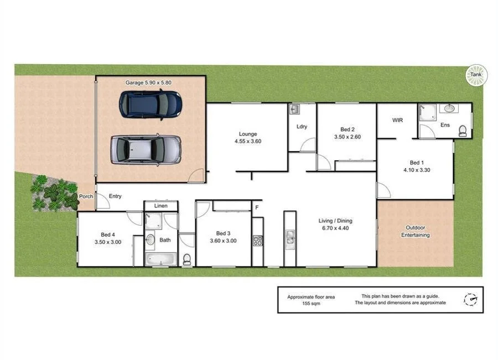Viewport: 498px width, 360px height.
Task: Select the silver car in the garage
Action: (x=146, y=149)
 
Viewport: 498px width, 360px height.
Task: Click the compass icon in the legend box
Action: (x=470, y=299)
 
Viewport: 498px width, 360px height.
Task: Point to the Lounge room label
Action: (x=247, y=134)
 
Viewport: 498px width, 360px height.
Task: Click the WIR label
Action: (x=397, y=120)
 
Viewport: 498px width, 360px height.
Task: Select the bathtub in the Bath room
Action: (x=160, y=259)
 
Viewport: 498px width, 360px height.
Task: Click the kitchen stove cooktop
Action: (x=257, y=241)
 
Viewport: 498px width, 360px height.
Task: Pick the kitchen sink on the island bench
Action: (x=290, y=238)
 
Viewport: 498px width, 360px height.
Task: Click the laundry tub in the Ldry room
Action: (x=294, y=109)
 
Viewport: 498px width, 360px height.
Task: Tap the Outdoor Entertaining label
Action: (x=415, y=231)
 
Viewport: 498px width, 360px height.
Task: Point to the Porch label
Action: (x=86, y=196)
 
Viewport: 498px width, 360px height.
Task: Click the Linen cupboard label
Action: (x=160, y=206)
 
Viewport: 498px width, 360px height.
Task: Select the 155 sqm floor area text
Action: (x=310, y=304)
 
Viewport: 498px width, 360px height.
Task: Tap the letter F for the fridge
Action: (x=256, y=208)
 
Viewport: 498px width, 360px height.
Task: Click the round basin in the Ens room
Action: (x=448, y=108)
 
